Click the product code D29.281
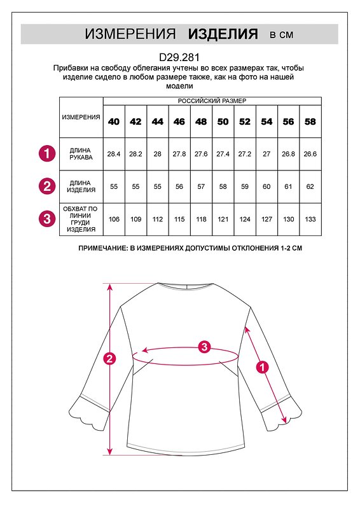pos(179,57)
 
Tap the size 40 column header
pos(113,122)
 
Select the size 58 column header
pos(310,122)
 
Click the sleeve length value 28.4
pos(113,154)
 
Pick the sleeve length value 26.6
pos(310,154)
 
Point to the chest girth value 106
pos(113,219)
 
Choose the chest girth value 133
pos(310,219)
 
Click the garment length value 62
pos(310,186)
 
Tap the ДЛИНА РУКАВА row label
pos(81,154)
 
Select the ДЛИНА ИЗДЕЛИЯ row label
pos(81,186)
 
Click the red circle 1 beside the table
pos(46,154)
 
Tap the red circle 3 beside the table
pos(46,219)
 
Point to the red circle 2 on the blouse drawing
pos(110,358)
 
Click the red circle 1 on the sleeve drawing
pos(261,366)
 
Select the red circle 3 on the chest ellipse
pos(204,347)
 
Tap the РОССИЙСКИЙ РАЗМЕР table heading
pos(212,101)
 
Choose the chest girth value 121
pos(223,219)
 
